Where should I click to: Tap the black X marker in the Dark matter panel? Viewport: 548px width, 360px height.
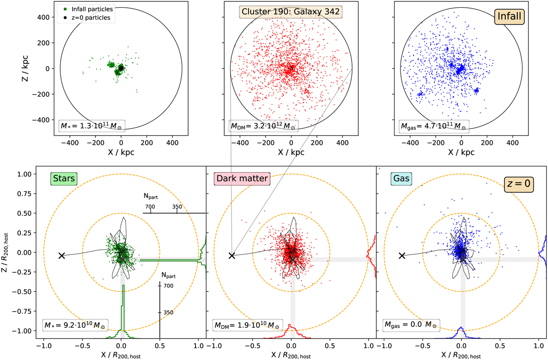(x=232, y=256)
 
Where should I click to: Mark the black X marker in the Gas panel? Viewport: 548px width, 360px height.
(x=402, y=256)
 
